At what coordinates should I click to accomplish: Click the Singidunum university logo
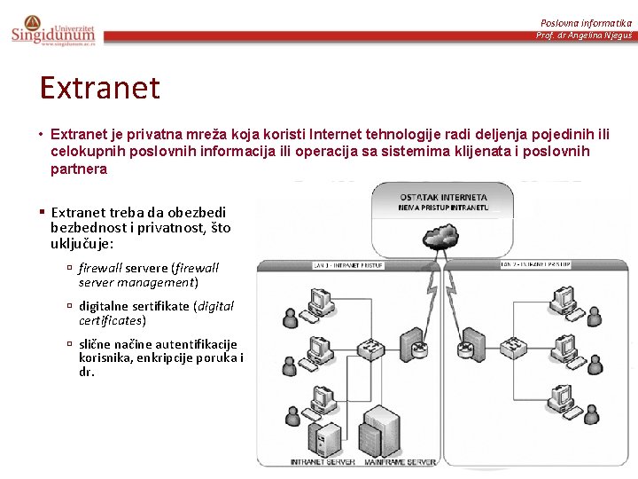coord(53,30)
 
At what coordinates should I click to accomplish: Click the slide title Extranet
coord(99,88)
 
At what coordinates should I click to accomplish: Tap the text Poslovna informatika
coord(586,21)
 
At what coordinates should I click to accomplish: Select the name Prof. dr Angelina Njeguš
coord(583,35)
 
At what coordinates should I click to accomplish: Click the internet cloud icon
coord(440,237)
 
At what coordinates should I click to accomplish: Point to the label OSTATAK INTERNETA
coord(443,197)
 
